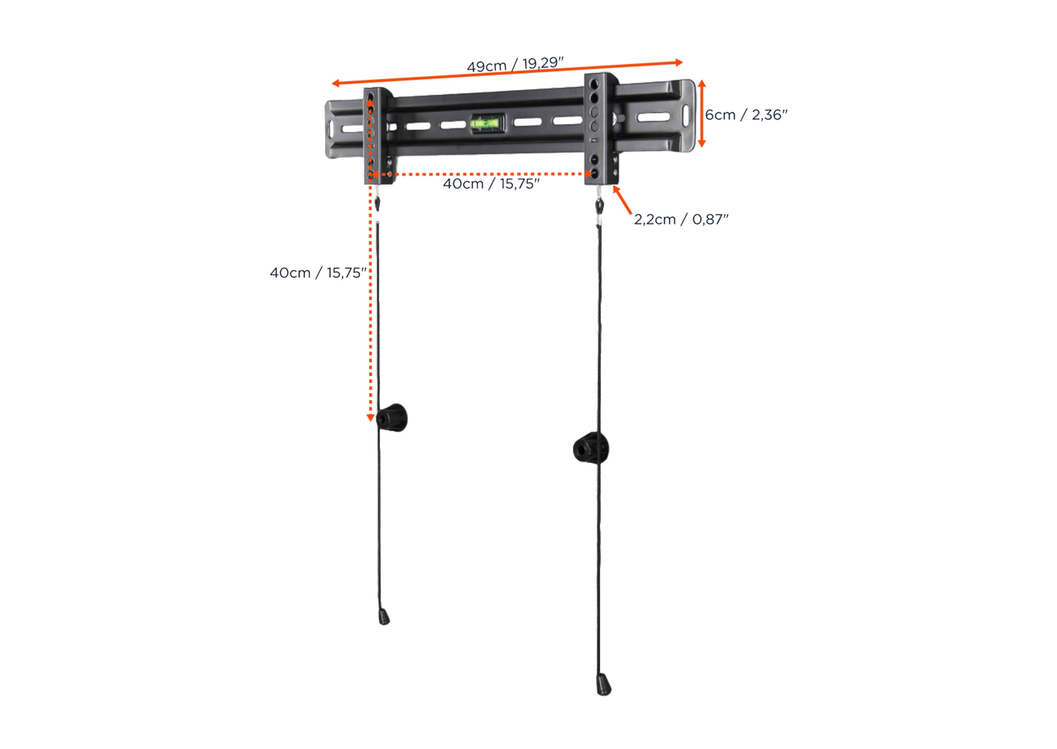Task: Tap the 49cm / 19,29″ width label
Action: click(x=515, y=65)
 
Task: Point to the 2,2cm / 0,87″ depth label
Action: click(x=681, y=219)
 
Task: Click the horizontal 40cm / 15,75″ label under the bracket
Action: click(x=491, y=184)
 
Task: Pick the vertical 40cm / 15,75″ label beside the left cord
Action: click(x=318, y=273)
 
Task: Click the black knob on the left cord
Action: click(x=392, y=418)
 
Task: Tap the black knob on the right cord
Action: click(x=591, y=448)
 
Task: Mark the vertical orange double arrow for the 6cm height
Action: click(x=702, y=114)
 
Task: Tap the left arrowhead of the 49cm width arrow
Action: click(x=336, y=83)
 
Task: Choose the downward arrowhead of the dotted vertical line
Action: click(x=370, y=417)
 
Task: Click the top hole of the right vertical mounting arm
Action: click(x=595, y=84)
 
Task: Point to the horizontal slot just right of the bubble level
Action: click(x=527, y=122)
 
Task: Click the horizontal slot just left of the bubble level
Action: click(x=453, y=125)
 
